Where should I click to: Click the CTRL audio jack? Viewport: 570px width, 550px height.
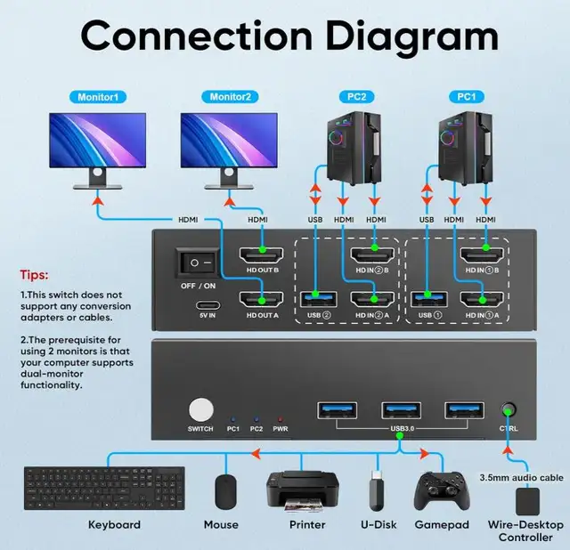point(509,411)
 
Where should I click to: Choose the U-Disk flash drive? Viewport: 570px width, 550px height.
point(377,489)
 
